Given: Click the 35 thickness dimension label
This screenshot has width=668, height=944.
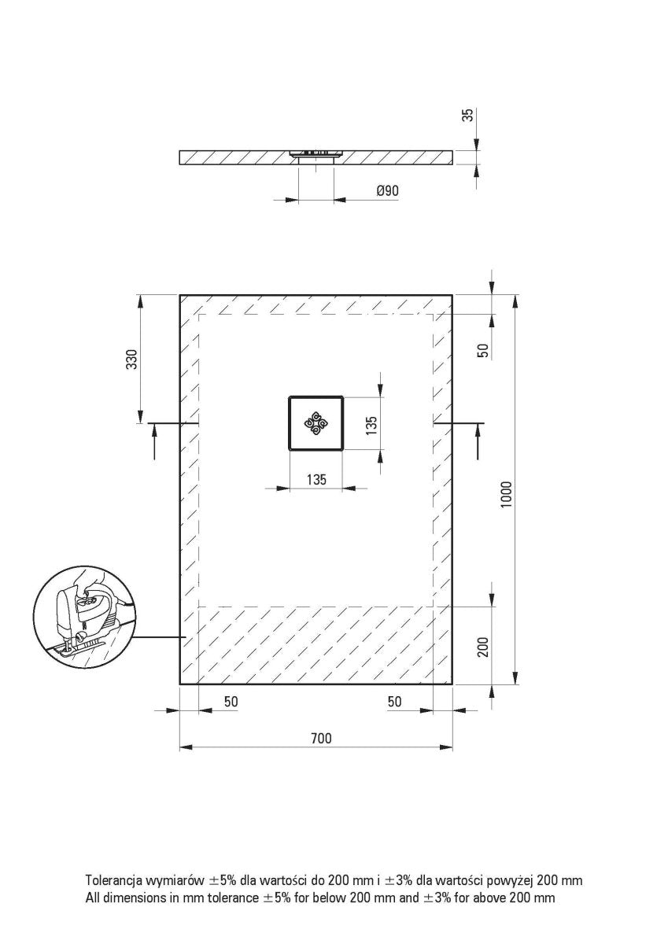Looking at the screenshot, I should pyautogui.click(x=468, y=116).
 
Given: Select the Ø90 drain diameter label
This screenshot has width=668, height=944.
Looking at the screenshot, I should pyautogui.click(x=387, y=191).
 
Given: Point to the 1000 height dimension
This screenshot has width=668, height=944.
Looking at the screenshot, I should pyautogui.click(x=507, y=495).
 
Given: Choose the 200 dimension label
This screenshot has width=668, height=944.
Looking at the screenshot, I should pyautogui.click(x=483, y=647).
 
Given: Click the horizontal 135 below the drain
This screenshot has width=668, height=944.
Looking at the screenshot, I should pyautogui.click(x=316, y=479).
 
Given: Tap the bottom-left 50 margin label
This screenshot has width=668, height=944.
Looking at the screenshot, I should pyautogui.click(x=231, y=701).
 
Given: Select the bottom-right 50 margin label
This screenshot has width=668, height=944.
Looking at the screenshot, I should pyautogui.click(x=395, y=701).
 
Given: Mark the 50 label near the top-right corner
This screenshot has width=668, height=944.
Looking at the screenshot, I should pyautogui.click(x=483, y=349).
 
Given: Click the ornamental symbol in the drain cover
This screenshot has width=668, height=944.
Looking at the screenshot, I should pyautogui.click(x=316, y=423).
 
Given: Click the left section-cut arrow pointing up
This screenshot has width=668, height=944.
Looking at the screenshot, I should pyautogui.click(x=154, y=441).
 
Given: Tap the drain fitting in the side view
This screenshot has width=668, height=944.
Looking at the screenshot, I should pyautogui.click(x=316, y=154).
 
